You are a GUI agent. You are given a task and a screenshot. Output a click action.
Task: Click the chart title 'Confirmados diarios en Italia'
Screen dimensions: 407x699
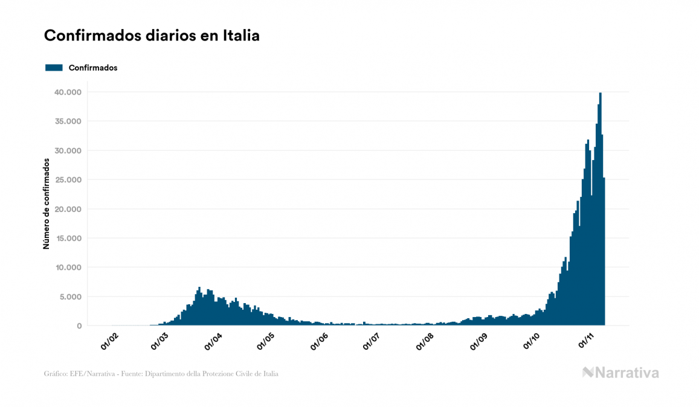pos(152,36)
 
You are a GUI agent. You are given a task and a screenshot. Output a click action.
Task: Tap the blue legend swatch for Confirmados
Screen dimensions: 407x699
pos(54,68)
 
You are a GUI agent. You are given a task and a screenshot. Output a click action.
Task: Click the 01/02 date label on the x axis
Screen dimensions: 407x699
pos(109,341)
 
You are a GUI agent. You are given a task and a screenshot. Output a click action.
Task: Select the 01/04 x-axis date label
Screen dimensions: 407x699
pos(214,341)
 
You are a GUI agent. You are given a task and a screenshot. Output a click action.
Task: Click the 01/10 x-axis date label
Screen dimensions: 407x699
pos(532,341)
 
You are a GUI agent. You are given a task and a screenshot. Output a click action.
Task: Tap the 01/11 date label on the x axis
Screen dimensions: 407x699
pos(587,341)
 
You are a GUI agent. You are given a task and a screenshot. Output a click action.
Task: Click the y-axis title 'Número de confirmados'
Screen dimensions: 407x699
pos(47,203)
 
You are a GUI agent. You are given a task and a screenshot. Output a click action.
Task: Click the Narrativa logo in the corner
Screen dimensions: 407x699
pos(620,373)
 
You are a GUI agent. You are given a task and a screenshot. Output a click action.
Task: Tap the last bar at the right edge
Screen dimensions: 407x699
pos(604,254)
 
